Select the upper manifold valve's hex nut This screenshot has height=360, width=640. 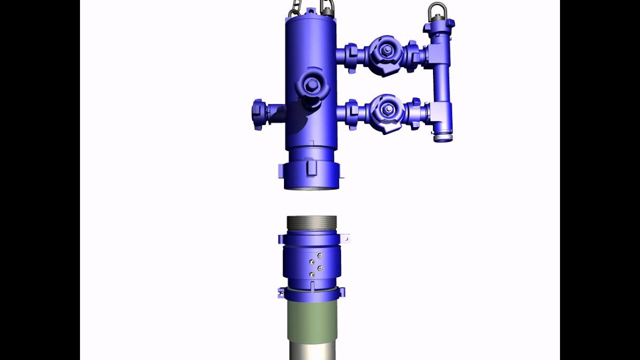click(386, 50)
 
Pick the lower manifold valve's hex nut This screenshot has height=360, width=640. click(388, 109)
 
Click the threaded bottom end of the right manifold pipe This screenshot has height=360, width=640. click(442, 137)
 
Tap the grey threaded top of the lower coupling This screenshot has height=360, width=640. click(311, 223)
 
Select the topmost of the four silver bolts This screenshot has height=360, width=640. click(320, 255)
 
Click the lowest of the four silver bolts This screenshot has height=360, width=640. click(312, 274)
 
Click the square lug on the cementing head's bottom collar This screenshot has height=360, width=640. click(311, 166)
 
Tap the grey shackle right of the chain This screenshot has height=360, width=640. click(327, 7)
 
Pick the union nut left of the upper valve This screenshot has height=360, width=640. click(351, 55)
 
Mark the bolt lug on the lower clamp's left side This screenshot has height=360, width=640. click(281, 292)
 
